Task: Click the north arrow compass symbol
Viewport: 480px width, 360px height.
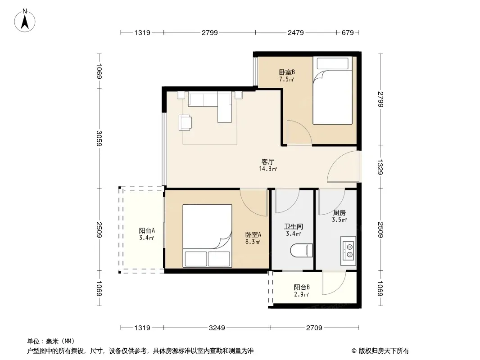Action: tap(25, 21)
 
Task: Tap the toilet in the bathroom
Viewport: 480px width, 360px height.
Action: tap(302, 250)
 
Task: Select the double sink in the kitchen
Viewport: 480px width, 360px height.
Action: tap(349, 251)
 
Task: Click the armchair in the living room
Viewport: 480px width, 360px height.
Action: tap(185, 123)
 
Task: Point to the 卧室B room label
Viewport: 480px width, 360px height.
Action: tap(287, 72)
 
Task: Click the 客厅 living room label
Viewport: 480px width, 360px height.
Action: tap(267, 162)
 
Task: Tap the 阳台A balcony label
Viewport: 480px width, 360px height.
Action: tap(147, 230)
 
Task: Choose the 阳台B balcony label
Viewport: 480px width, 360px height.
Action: tap(302, 287)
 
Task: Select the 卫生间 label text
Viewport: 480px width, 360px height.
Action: tap(293, 226)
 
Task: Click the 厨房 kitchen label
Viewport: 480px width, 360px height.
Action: tap(339, 212)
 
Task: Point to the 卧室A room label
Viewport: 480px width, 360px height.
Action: tap(253, 234)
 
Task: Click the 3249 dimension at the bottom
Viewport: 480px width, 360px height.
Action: tap(217, 328)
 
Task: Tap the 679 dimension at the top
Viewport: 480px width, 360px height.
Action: tap(348, 32)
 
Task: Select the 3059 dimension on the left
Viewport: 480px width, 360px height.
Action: tap(99, 138)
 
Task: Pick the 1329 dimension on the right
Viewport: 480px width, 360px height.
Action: tap(380, 167)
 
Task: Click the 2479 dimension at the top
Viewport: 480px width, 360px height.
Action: tap(296, 32)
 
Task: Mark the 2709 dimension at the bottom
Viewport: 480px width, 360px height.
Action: tap(314, 328)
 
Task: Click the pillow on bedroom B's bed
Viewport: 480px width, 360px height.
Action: tap(332, 63)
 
